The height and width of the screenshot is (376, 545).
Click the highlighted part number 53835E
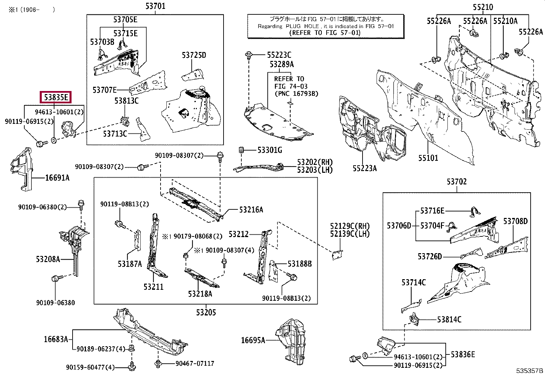pos(56,97)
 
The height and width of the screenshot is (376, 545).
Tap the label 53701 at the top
pos(155,6)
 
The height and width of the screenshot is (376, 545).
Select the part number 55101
pos(428,158)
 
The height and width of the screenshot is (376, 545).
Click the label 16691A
pos(58,178)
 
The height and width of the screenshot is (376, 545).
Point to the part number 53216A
pos(251,210)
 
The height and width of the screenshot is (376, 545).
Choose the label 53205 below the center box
pos(206,312)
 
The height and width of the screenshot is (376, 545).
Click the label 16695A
pos(253,340)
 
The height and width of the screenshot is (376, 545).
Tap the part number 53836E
pos(463,354)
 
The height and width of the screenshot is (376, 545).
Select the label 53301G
pos(270,150)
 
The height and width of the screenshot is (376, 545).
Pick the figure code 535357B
pos(530,371)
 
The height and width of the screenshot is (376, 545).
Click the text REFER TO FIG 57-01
pos(325,33)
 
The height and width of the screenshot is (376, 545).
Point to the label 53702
pos(457,182)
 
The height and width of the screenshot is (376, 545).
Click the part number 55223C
pos(279,55)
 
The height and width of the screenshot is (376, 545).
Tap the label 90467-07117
pos(195,363)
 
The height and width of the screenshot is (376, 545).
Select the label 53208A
pos(48,259)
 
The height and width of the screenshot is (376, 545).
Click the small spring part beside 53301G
pos(241,150)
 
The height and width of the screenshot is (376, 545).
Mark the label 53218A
pos(200,294)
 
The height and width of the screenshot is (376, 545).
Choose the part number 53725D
pos(194,55)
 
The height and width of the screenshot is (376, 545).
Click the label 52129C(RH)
pos(350,226)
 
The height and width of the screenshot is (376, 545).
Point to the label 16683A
pos(56,339)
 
